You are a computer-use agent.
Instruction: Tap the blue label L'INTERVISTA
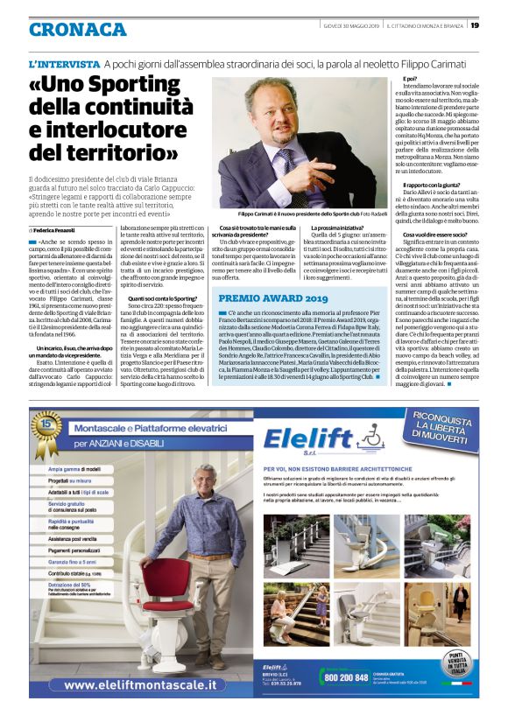coord(64,66)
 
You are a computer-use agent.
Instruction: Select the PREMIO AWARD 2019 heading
coord(261,298)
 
